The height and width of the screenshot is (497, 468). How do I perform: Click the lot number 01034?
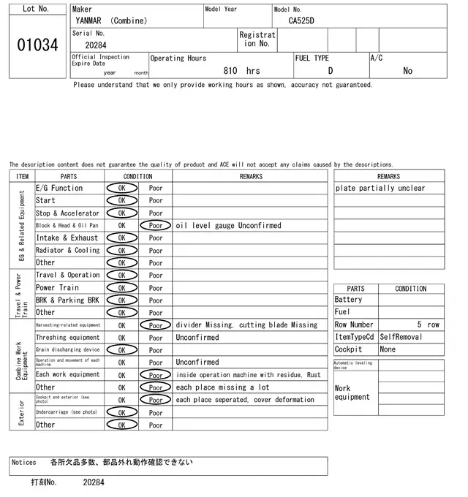(x=37, y=45)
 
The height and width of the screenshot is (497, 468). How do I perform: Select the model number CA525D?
(x=301, y=20)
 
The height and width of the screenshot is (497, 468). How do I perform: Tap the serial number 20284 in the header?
(x=96, y=45)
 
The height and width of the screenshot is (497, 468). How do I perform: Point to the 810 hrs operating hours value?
(x=241, y=71)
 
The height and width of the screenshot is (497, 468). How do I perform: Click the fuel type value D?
(x=331, y=71)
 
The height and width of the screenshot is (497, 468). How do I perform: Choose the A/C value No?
(x=407, y=71)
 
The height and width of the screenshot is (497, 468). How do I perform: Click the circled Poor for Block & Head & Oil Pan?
(x=156, y=226)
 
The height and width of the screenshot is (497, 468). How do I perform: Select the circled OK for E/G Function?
(x=121, y=188)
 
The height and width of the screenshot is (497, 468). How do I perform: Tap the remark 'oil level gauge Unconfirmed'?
(x=228, y=226)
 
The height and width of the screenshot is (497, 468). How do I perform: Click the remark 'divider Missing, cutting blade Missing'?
(x=247, y=325)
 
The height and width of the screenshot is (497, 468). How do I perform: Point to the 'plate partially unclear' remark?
(x=380, y=189)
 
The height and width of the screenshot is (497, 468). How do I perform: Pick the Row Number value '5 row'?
(x=429, y=325)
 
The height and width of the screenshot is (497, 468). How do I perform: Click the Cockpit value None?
(x=388, y=349)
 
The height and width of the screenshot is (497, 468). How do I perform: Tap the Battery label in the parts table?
(x=348, y=300)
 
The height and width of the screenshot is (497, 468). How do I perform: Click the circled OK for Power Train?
(x=121, y=288)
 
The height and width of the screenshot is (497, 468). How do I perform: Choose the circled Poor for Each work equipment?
(x=156, y=375)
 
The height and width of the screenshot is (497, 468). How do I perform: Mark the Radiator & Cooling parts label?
(x=67, y=251)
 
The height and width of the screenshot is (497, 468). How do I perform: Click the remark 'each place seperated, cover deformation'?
(x=245, y=400)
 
